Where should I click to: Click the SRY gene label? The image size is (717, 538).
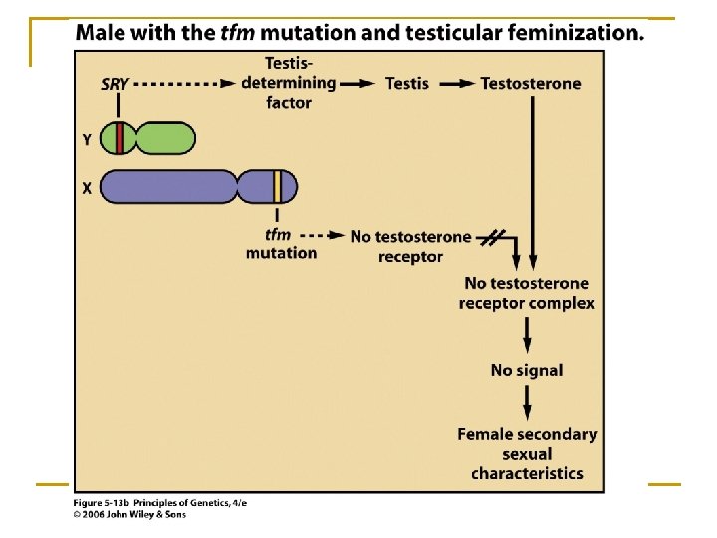pos(117,84)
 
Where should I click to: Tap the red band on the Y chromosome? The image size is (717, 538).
pos(119,138)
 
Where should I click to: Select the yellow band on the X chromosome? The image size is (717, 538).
pos(278,186)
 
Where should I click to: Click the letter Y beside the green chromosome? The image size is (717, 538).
pos(87,139)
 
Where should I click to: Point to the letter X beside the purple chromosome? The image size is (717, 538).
pos(87,187)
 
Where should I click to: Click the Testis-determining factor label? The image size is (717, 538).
pos(289,83)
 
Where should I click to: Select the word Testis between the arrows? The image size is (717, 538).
pos(407,83)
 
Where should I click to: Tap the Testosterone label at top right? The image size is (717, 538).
pos(530,83)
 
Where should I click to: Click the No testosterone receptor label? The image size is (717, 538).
pos(410,246)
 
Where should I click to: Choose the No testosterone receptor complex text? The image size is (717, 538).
pos(526,294)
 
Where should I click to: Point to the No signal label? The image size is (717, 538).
pos(526,370)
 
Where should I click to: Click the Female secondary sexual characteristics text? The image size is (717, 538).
pos(527,453)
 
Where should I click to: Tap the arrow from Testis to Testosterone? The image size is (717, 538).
pos(457,84)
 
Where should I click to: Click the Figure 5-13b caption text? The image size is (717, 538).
pos(159,503)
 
